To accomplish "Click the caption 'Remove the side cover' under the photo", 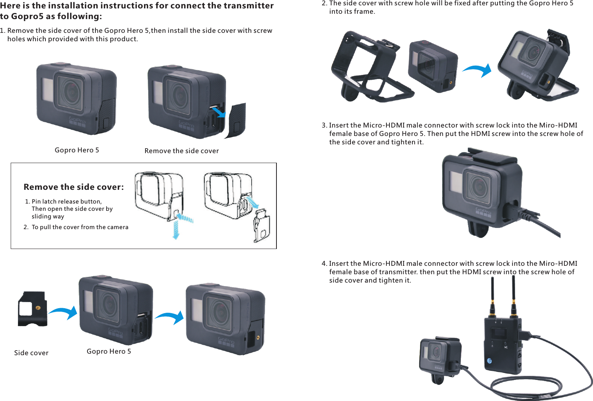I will tap(182, 151).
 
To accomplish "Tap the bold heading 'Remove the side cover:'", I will tap(74, 187).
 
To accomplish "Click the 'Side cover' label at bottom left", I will tap(31, 353).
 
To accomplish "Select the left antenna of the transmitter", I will tap(493, 296).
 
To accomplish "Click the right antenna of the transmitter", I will tap(514, 296).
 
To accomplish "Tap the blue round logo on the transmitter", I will tap(490, 361).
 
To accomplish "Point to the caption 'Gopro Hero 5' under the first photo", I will tap(77, 150).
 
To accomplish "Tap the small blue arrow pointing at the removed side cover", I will tap(218, 112).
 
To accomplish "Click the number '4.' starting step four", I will tap(324, 264).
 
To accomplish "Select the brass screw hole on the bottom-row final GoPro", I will tap(259, 338).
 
